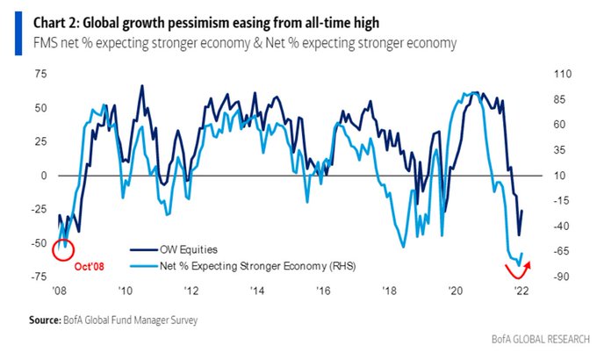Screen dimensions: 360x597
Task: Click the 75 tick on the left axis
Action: [x=40, y=75]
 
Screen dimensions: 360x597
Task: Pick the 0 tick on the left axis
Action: [x=43, y=176]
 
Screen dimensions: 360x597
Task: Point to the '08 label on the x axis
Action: [x=59, y=291]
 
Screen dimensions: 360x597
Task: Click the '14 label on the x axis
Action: [x=256, y=291]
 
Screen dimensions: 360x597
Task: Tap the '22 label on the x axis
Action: [x=521, y=291]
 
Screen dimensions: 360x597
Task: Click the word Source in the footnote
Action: [x=44, y=320]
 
